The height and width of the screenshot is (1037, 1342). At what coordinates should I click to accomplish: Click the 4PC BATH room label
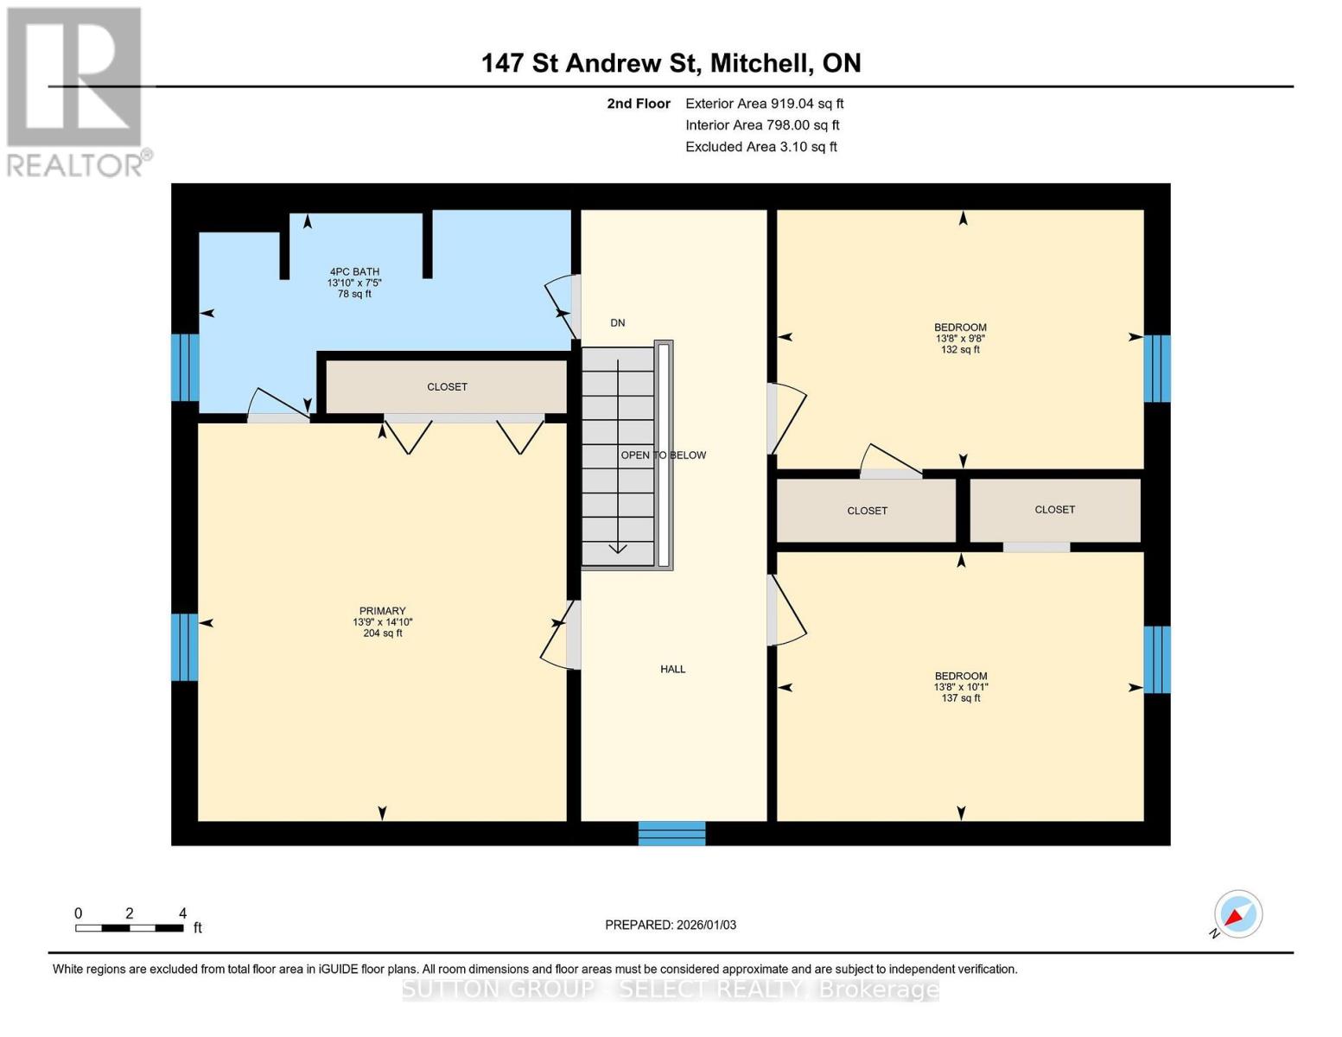pyautogui.click(x=353, y=271)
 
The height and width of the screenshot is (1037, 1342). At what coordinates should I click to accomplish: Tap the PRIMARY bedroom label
pyautogui.click(x=382, y=611)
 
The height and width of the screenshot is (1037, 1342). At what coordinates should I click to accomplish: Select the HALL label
pyautogui.click(x=672, y=669)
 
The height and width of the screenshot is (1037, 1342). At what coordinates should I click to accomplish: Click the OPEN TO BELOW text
pyautogui.click(x=663, y=455)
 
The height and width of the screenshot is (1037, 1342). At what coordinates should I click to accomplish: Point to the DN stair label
pyautogui.click(x=617, y=323)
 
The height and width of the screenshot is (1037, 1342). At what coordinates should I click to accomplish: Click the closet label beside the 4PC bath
pyautogui.click(x=447, y=387)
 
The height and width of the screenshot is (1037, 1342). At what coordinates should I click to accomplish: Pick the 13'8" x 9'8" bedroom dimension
pyautogui.click(x=960, y=339)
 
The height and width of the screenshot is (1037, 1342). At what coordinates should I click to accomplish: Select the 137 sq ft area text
pyautogui.click(x=960, y=698)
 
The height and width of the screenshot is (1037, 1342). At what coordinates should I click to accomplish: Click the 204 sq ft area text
pyautogui.click(x=382, y=633)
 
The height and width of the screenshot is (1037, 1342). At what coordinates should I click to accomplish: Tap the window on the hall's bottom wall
pyautogui.click(x=671, y=833)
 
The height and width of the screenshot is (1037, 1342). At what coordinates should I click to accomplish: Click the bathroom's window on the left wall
pyautogui.click(x=185, y=367)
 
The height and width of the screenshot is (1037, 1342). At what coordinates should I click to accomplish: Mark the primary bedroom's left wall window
pyautogui.click(x=185, y=647)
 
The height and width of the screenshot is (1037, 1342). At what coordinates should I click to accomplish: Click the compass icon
pyautogui.click(x=1237, y=914)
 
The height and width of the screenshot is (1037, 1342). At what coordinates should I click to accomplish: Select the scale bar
pyautogui.click(x=130, y=928)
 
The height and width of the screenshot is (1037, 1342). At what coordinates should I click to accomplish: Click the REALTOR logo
pyautogui.click(x=76, y=91)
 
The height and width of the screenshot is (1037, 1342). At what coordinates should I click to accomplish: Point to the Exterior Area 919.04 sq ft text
pyautogui.click(x=764, y=104)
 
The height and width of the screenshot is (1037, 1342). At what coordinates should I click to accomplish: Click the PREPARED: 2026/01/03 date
pyautogui.click(x=671, y=925)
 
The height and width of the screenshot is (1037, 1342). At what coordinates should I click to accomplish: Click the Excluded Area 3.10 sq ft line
pyautogui.click(x=760, y=147)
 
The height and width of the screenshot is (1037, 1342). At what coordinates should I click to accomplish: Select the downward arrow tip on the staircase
pyautogui.click(x=618, y=550)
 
